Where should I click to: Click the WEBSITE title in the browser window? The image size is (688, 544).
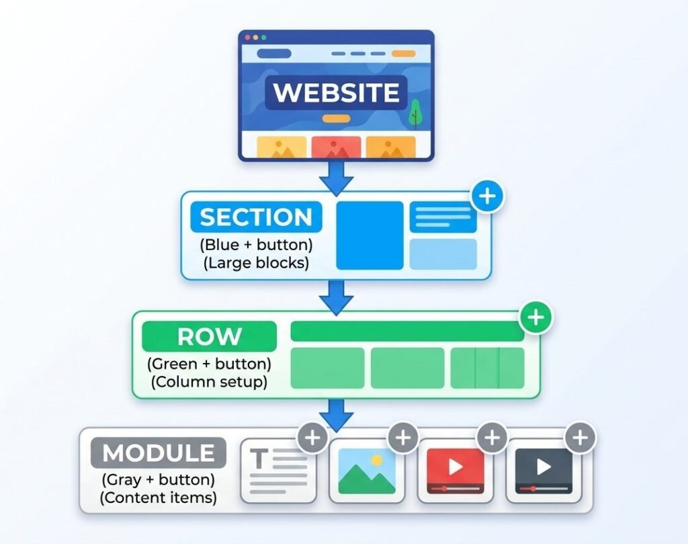(336, 92)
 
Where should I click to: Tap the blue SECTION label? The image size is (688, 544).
(256, 217)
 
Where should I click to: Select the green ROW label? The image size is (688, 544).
(209, 336)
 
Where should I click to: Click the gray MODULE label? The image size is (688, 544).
(158, 453)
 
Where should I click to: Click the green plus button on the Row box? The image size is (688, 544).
(535, 317)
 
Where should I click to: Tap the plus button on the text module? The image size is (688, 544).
(312, 438)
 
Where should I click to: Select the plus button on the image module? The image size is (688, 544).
(402, 438)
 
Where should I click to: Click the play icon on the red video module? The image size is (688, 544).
(455, 467)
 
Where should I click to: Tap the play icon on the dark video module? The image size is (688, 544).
(544, 467)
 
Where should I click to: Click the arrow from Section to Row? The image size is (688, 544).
(336, 295)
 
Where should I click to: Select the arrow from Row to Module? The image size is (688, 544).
(336, 414)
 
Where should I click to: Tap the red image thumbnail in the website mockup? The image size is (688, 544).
(336, 147)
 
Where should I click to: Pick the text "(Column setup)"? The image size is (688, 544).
(209, 382)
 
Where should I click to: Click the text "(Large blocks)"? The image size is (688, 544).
(256, 263)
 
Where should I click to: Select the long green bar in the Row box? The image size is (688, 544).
(407, 331)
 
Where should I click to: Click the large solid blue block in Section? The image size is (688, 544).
(370, 235)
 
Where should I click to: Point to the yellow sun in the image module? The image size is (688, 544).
(376, 460)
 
